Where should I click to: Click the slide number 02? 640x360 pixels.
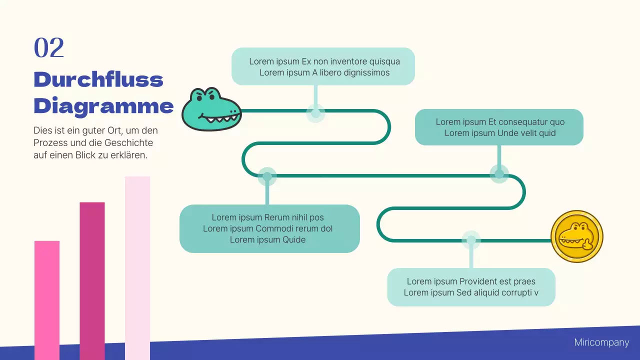(x=49, y=48)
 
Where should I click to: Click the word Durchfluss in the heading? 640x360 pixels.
(x=98, y=80)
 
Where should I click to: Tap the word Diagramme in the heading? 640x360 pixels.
(x=103, y=106)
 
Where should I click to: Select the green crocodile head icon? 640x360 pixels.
(x=211, y=109)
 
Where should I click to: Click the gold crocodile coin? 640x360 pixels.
(x=576, y=236)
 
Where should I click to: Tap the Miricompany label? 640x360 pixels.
(x=601, y=342)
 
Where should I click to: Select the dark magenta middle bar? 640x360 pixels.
(x=92, y=280)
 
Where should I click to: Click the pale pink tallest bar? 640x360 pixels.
(x=137, y=267)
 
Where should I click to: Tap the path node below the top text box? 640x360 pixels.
(x=315, y=113)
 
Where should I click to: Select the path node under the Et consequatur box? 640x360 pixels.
(x=499, y=174)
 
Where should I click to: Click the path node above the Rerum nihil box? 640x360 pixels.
(x=267, y=176)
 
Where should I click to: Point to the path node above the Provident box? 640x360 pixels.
(x=470, y=240)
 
